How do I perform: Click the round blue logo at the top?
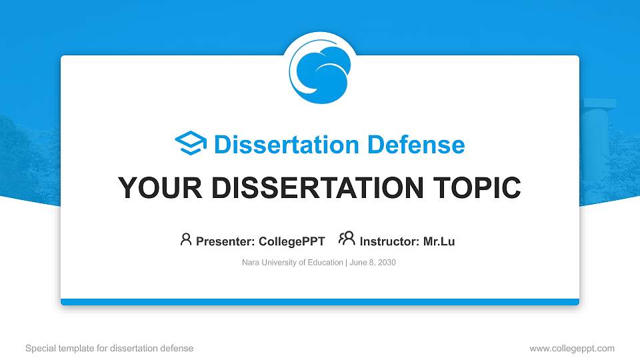(320, 69)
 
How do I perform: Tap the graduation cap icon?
(191, 144)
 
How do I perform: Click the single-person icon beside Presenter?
(186, 240)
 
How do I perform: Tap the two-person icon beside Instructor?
(347, 239)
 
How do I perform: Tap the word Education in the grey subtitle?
(325, 263)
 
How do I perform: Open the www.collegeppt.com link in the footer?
(572, 348)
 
